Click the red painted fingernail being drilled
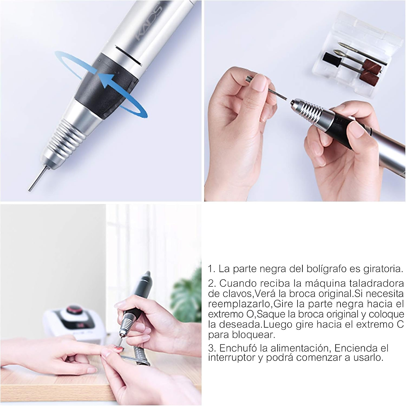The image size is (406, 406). pos(118,350)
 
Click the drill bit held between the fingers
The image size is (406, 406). pos(267,87)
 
